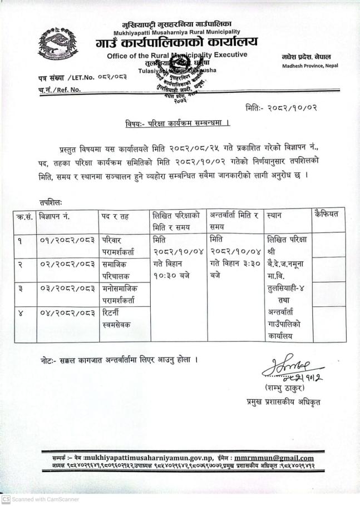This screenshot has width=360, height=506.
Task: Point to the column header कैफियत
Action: click(327, 214)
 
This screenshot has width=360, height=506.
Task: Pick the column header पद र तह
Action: click(114, 215)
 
